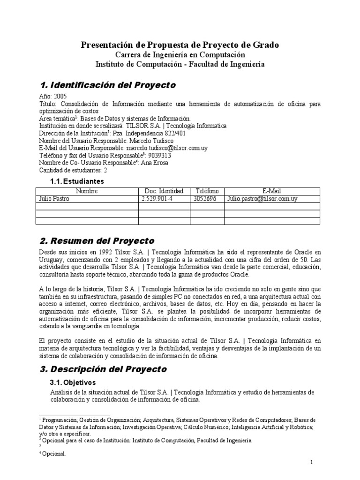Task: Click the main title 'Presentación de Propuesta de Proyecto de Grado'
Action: click(x=180, y=45)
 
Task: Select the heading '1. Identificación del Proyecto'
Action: click(x=108, y=85)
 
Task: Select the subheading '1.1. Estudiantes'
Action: click(x=77, y=181)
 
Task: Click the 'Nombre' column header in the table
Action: click(x=87, y=191)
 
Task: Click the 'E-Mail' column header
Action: click(x=272, y=191)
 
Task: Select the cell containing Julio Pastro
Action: click(x=54, y=198)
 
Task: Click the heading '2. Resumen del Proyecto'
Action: click(x=97, y=241)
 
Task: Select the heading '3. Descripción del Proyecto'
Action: click(x=103, y=369)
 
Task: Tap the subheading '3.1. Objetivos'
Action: click(x=72, y=382)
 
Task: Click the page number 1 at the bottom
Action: click(x=312, y=462)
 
